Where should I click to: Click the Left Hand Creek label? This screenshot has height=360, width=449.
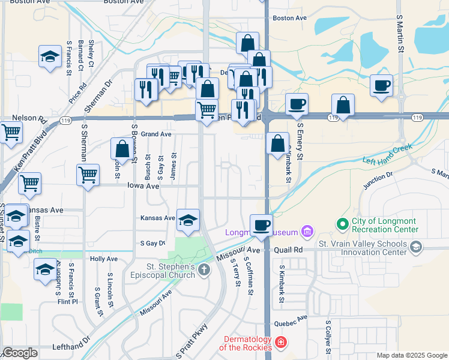click(x=388, y=155)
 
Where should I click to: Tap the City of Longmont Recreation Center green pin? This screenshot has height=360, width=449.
click(x=343, y=225)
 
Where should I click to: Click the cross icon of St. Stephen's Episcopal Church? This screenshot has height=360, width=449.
click(x=204, y=271)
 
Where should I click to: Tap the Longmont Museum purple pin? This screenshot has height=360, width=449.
click(x=308, y=232)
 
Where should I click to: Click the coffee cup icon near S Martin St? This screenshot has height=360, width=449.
click(x=381, y=86)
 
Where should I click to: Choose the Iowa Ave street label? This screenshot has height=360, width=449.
click(x=143, y=187)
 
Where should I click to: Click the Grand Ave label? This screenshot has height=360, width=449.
click(x=157, y=134)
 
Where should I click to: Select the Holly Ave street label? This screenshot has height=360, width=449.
click(x=103, y=259)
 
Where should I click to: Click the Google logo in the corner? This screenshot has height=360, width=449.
click(x=20, y=353)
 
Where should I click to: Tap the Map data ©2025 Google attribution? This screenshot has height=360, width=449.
click(x=411, y=355)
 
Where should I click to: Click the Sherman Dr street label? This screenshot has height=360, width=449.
click(x=100, y=95)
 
